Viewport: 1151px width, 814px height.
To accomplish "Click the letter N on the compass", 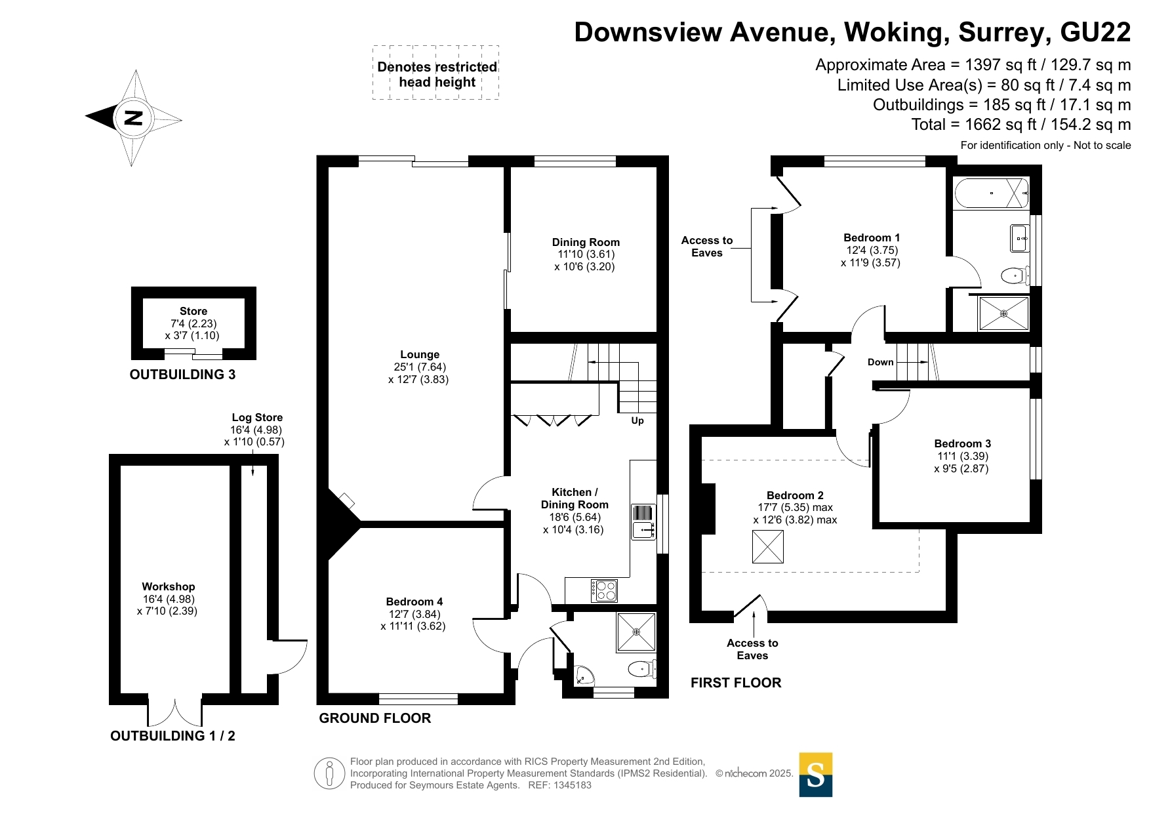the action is tap(133, 118).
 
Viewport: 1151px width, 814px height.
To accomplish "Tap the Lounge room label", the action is tap(420, 355).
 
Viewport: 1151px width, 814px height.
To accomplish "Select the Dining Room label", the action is tap(586, 243).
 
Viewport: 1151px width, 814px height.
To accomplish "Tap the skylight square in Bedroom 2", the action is tap(768, 547).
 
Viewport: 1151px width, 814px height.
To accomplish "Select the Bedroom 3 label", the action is tap(963, 444).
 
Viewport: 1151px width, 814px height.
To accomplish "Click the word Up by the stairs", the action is tap(637, 421).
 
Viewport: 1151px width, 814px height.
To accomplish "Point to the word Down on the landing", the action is tap(880, 362).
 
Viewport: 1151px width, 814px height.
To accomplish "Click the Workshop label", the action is tap(169, 587).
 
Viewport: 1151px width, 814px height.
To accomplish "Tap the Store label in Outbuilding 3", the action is tap(193, 312).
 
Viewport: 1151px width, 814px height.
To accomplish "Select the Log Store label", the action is tap(257, 418).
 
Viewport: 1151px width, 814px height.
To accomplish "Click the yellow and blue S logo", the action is tap(816, 775).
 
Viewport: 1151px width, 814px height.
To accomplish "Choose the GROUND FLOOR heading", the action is tap(375, 718).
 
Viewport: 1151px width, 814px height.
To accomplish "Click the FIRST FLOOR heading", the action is tap(736, 683).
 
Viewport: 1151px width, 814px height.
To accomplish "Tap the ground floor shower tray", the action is tap(636, 632).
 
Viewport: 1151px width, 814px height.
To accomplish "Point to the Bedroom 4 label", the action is tap(414, 602).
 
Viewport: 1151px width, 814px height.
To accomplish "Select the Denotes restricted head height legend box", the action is tap(436, 73).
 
